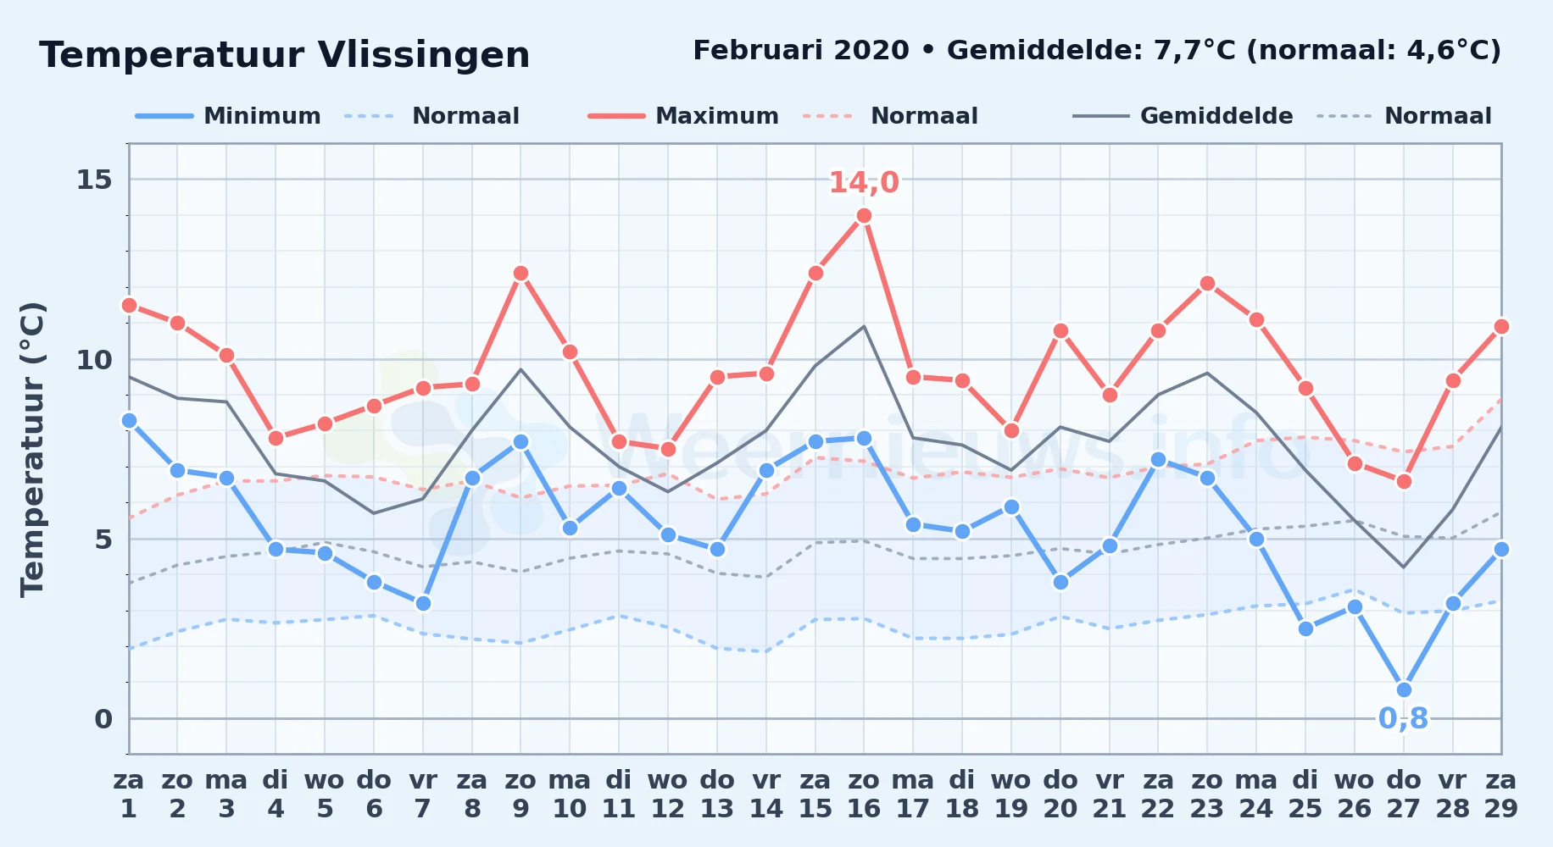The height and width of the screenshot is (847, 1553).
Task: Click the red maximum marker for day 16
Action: click(x=864, y=216)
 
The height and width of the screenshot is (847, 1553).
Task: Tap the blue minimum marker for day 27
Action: click(x=1404, y=690)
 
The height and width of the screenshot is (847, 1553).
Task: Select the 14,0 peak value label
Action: click(x=864, y=182)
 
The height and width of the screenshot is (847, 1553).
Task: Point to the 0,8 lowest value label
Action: click(x=1403, y=718)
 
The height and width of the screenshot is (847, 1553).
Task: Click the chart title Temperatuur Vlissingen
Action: click(x=285, y=55)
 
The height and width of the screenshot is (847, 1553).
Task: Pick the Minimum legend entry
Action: click(x=228, y=116)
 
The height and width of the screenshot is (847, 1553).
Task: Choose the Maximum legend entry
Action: click(x=683, y=116)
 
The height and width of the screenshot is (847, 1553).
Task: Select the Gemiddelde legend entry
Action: click(x=1183, y=116)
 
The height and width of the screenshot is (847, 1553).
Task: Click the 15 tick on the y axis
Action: click(x=94, y=180)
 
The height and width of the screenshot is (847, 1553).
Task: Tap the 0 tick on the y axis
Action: click(x=103, y=719)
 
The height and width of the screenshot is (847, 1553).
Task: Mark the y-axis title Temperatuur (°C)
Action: click(x=32, y=449)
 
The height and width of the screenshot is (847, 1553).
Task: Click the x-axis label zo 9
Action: click(x=520, y=794)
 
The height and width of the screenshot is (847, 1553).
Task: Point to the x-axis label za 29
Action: click(x=1501, y=794)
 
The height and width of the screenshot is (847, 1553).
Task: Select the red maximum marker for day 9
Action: click(x=520, y=274)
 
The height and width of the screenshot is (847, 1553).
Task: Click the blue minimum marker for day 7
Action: click(x=423, y=604)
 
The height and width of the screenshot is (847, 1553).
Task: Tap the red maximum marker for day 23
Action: click(x=1207, y=284)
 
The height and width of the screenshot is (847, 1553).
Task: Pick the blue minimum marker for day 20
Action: click(x=1060, y=582)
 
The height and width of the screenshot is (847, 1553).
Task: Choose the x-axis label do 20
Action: click(x=1060, y=794)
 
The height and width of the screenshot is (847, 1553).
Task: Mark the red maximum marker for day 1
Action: click(x=129, y=306)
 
